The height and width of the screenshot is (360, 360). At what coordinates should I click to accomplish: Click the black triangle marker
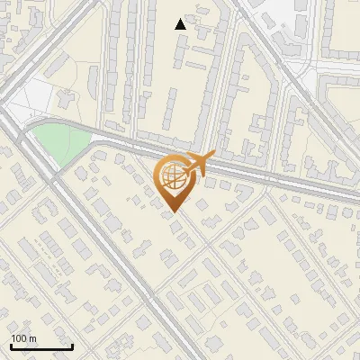[x=181, y=24]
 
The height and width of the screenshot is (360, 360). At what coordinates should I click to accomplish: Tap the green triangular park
[x=57, y=143]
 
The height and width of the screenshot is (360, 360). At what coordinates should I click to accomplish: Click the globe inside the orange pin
[x=171, y=177]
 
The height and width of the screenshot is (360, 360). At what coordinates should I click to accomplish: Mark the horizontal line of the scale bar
[x=41, y=346]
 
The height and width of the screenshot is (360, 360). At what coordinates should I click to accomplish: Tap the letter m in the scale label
[x=33, y=338]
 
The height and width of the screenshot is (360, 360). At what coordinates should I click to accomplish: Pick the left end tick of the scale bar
[x=11, y=345]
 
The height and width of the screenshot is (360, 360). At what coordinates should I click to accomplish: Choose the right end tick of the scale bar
[x=72, y=345]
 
